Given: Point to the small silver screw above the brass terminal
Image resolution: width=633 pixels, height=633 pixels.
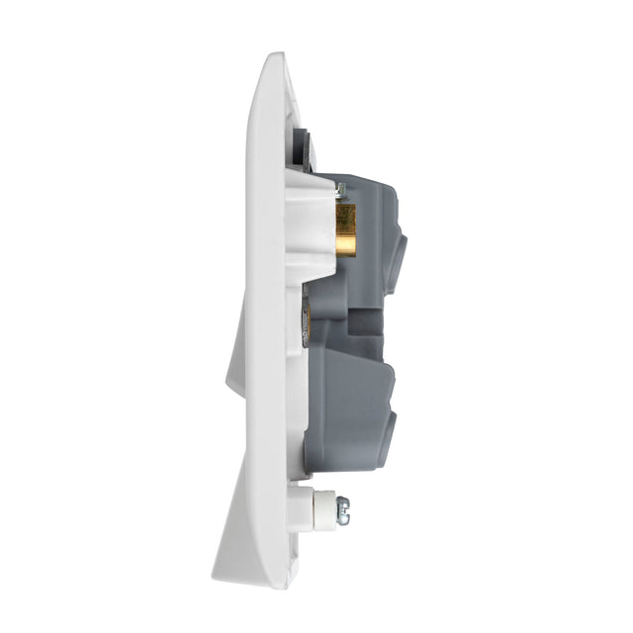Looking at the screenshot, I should pos(339,189).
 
